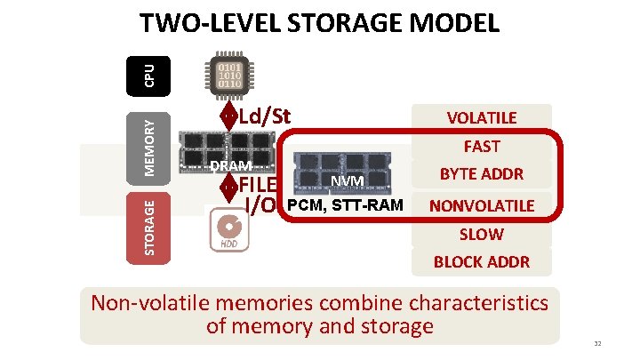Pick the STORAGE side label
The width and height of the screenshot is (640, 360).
click(150, 228)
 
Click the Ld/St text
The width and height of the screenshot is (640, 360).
click(266, 116)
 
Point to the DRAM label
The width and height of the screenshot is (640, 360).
click(231, 166)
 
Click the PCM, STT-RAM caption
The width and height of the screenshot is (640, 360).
click(345, 205)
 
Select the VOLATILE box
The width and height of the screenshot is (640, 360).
click(481, 118)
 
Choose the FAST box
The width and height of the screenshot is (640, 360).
click(481, 147)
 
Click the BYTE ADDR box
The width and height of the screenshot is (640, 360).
click(481, 175)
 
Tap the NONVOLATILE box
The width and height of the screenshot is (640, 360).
click(481, 205)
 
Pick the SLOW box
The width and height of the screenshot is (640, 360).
click(481, 234)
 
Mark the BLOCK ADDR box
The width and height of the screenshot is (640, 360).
click(481, 262)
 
